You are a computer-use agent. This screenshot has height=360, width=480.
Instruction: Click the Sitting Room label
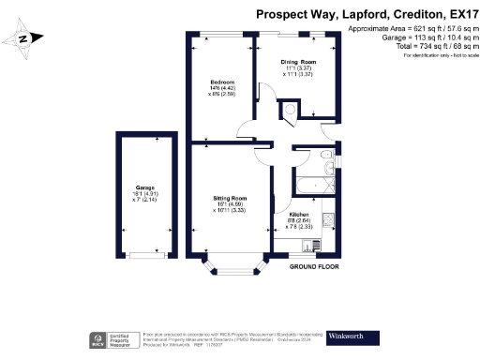click(x=230, y=204)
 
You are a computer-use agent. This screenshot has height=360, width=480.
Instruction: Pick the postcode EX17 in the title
click(x=455, y=15)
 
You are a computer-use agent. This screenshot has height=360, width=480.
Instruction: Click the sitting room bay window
click(x=234, y=274)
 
